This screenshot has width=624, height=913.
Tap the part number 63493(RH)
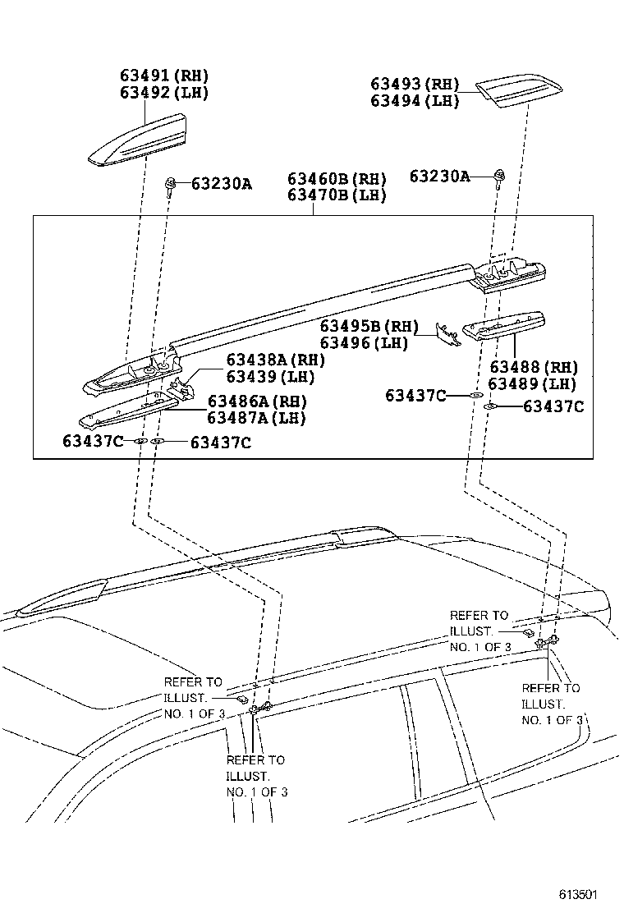click(414, 84)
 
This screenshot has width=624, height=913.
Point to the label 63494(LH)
click(414, 100)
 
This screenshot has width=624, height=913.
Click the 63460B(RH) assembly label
click(337, 179)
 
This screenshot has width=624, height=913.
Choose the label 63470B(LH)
click(337, 195)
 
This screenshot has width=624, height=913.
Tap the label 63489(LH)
click(533, 383)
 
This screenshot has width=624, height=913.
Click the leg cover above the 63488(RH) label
click(506, 324)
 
